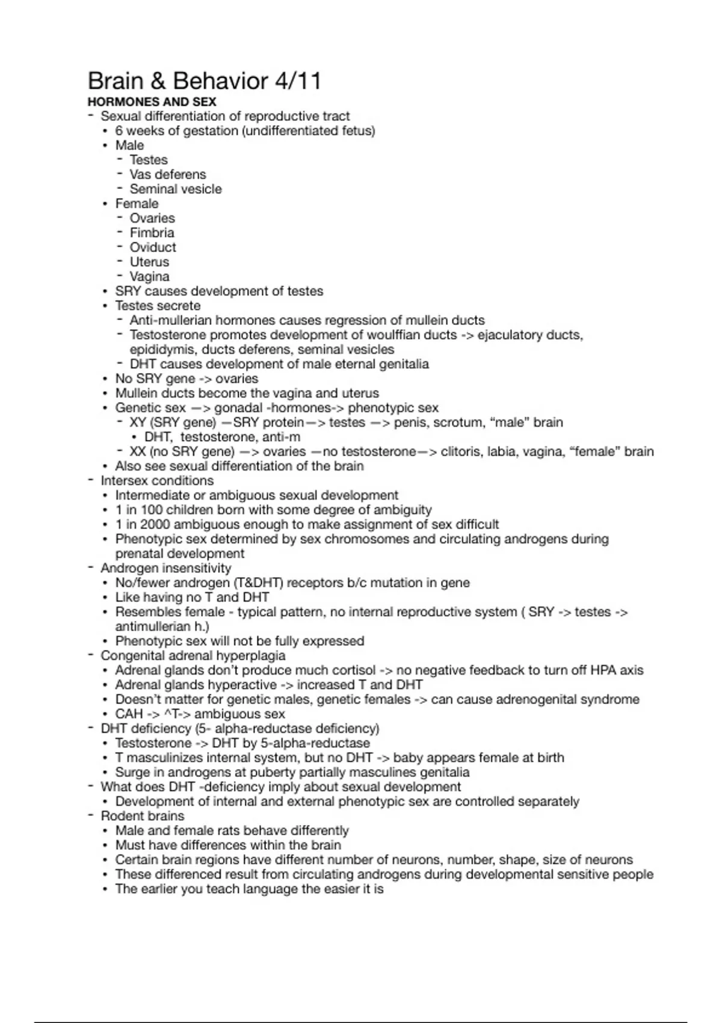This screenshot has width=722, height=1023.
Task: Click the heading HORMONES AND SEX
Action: pyautogui.click(x=152, y=102)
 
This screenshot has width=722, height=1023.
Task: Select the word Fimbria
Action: pyautogui.click(x=152, y=233)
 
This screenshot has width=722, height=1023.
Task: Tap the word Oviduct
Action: pyautogui.click(x=153, y=247)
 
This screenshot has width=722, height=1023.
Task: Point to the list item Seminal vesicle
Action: pyautogui.click(x=176, y=189)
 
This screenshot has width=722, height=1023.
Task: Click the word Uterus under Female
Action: pyautogui.click(x=149, y=262)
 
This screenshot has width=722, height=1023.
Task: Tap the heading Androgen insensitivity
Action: pyautogui.click(x=165, y=568)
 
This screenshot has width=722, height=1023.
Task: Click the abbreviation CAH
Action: pyautogui.click(x=129, y=714)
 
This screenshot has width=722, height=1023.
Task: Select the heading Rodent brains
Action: pyautogui.click(x=142, y=816)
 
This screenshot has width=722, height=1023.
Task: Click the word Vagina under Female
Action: pyautogui.click(x=149, y=277)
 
